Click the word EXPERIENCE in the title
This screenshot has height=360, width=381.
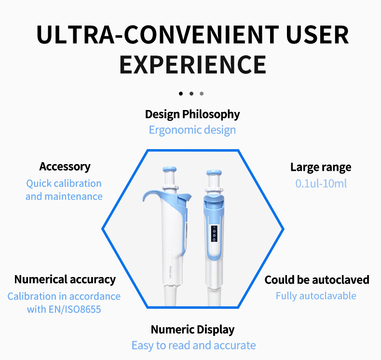coord(192,65)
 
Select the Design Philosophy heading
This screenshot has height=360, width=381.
coord(192,114)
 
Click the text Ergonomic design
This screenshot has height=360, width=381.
coord(192,130)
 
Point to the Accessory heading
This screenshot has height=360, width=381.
coord(65,166)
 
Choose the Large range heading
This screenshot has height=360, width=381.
coord(321,167)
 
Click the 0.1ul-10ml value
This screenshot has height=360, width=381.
coord(321,183)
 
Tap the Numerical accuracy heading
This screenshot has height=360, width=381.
coord(65,279)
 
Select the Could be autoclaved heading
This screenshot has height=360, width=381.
coord(317,280)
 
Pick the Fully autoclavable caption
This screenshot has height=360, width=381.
coord(316,296)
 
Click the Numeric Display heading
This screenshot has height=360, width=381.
coord(192,330)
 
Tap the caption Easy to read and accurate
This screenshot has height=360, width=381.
coord(193,346)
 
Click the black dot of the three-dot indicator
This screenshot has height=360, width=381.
coord(181,93)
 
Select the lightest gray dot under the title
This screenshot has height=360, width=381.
coord(202,93)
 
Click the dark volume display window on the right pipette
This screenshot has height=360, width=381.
coord(214,233)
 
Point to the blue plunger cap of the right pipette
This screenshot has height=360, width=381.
coord(214,172)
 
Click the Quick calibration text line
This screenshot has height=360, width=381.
coord(64,183)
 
